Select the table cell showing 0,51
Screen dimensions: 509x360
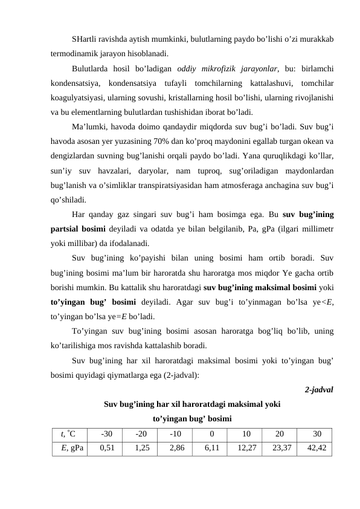coord(107,448)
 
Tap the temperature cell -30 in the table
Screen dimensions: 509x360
coord(107,434)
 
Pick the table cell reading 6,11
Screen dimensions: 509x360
coord(212,448)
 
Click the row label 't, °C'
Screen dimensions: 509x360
coord(68,434)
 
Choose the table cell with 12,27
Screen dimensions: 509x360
coord(246,448)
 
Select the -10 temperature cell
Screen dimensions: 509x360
coord(176,434)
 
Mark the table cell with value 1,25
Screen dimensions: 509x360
coord(142,448)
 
